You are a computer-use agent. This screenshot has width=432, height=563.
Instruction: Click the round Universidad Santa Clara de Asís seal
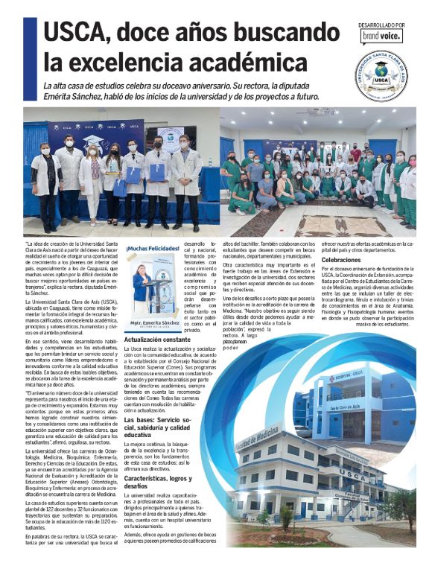(x=380, y=75)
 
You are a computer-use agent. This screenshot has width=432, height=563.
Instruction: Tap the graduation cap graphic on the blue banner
(x=93, y=140)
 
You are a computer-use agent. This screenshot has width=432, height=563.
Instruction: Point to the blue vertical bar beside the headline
(x=30, y=48)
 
